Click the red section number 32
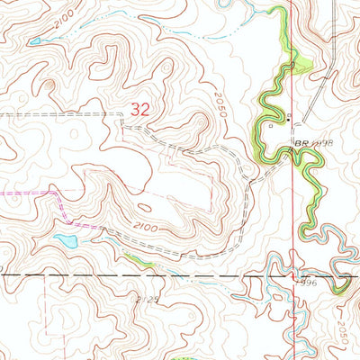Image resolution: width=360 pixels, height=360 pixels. pyautogui.click(x=139, y=109)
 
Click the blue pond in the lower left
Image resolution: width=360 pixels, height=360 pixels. pyautogui.click(x=66, y=241)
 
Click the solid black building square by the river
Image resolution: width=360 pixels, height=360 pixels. pyautogui.click(x=288, y=119)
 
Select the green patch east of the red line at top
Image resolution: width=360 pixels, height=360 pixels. pyautogui.click(x=303, y=64)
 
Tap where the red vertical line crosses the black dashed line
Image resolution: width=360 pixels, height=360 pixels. pyautogui.click(x=295, y=274)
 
